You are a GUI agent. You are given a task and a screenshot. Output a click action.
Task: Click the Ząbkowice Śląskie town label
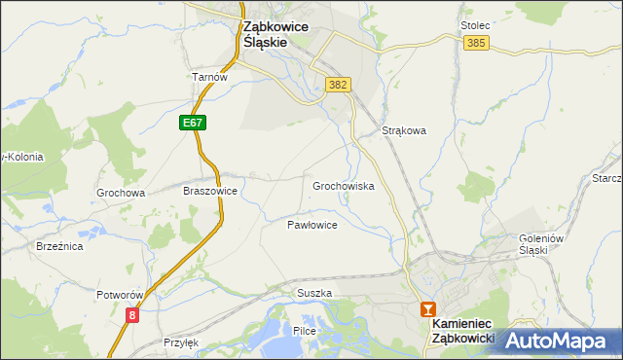(x=275, y=36)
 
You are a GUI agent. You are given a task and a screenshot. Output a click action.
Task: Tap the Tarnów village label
(x=208, y=78)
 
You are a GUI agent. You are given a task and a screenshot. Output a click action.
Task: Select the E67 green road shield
(x=192, y=123)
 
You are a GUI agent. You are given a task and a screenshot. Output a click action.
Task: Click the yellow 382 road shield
(x=338, y=85)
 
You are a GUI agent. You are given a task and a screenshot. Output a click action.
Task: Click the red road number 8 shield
(x=132, y=314)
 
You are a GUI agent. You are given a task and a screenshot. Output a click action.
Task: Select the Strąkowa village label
(x=405, y=129)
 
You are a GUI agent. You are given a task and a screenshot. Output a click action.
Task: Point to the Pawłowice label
(x=311, y=225)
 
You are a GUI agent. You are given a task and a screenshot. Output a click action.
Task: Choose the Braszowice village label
(x=210, y=192)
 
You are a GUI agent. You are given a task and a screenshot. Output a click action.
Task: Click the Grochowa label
(x=121, y=193)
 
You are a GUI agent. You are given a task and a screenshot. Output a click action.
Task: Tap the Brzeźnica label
(x=59, y=247)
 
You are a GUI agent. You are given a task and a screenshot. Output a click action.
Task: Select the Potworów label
(x=121, y=295)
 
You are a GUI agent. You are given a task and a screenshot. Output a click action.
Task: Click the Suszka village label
(x=314, y=293)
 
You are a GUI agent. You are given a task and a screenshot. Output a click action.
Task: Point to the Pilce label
(x=305, y=332)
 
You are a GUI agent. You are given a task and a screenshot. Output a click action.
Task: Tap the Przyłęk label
(x=182, y=342)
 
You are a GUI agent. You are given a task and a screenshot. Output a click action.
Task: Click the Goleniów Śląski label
(x=521, y=243)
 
